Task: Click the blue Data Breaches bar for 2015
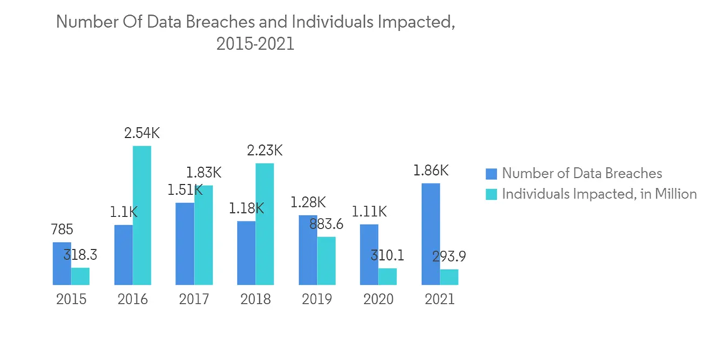[61, 264]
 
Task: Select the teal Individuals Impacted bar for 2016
[142, 215]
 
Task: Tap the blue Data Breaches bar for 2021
[431, 234]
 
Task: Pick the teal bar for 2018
[265, 224]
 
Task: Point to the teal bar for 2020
[388, 276]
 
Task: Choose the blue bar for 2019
[308, 249]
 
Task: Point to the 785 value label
[61, 229]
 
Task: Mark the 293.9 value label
[449, 256]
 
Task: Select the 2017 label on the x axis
[194, 299]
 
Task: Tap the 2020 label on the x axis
[378, 299]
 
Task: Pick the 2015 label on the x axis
[71, 299]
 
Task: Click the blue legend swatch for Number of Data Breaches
[491, 174]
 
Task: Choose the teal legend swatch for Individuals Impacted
[491, 194]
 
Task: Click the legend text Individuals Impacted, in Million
[599, 194]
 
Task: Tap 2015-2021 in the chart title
[255, 44]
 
